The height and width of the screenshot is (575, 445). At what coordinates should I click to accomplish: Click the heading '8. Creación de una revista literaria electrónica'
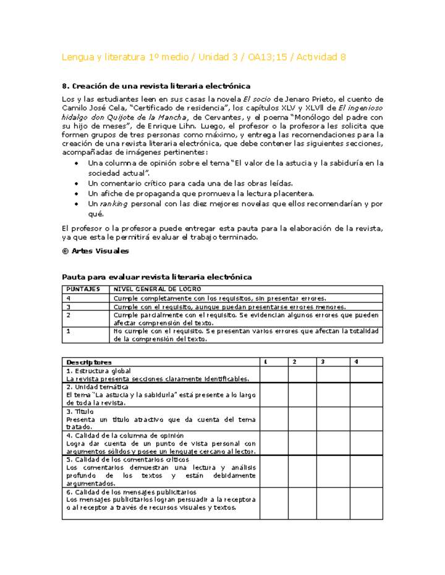(156, 86)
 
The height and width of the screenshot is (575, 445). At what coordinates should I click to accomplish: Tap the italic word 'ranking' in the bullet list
(112, 204)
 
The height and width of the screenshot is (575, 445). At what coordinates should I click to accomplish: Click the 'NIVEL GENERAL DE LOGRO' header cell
(157, 289)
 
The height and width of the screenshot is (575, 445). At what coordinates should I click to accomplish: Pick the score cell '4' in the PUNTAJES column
(69, 298)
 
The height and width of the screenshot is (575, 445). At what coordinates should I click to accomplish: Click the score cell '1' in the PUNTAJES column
(69, 331)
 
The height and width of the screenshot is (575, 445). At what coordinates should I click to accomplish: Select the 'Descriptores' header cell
(89, 362)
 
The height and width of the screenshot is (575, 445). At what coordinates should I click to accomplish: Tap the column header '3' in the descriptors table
(323, 362)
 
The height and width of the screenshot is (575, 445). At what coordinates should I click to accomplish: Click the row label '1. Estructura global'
(98, 370)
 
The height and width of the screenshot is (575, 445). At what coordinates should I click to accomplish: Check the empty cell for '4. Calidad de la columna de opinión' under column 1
(273, 443)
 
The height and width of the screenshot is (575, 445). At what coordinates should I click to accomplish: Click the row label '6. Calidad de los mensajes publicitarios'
(131, 492)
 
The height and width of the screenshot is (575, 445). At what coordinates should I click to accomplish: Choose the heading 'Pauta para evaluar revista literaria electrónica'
(157, 277)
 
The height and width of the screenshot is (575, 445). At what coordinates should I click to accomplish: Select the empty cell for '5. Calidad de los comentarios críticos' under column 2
(302, 472)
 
